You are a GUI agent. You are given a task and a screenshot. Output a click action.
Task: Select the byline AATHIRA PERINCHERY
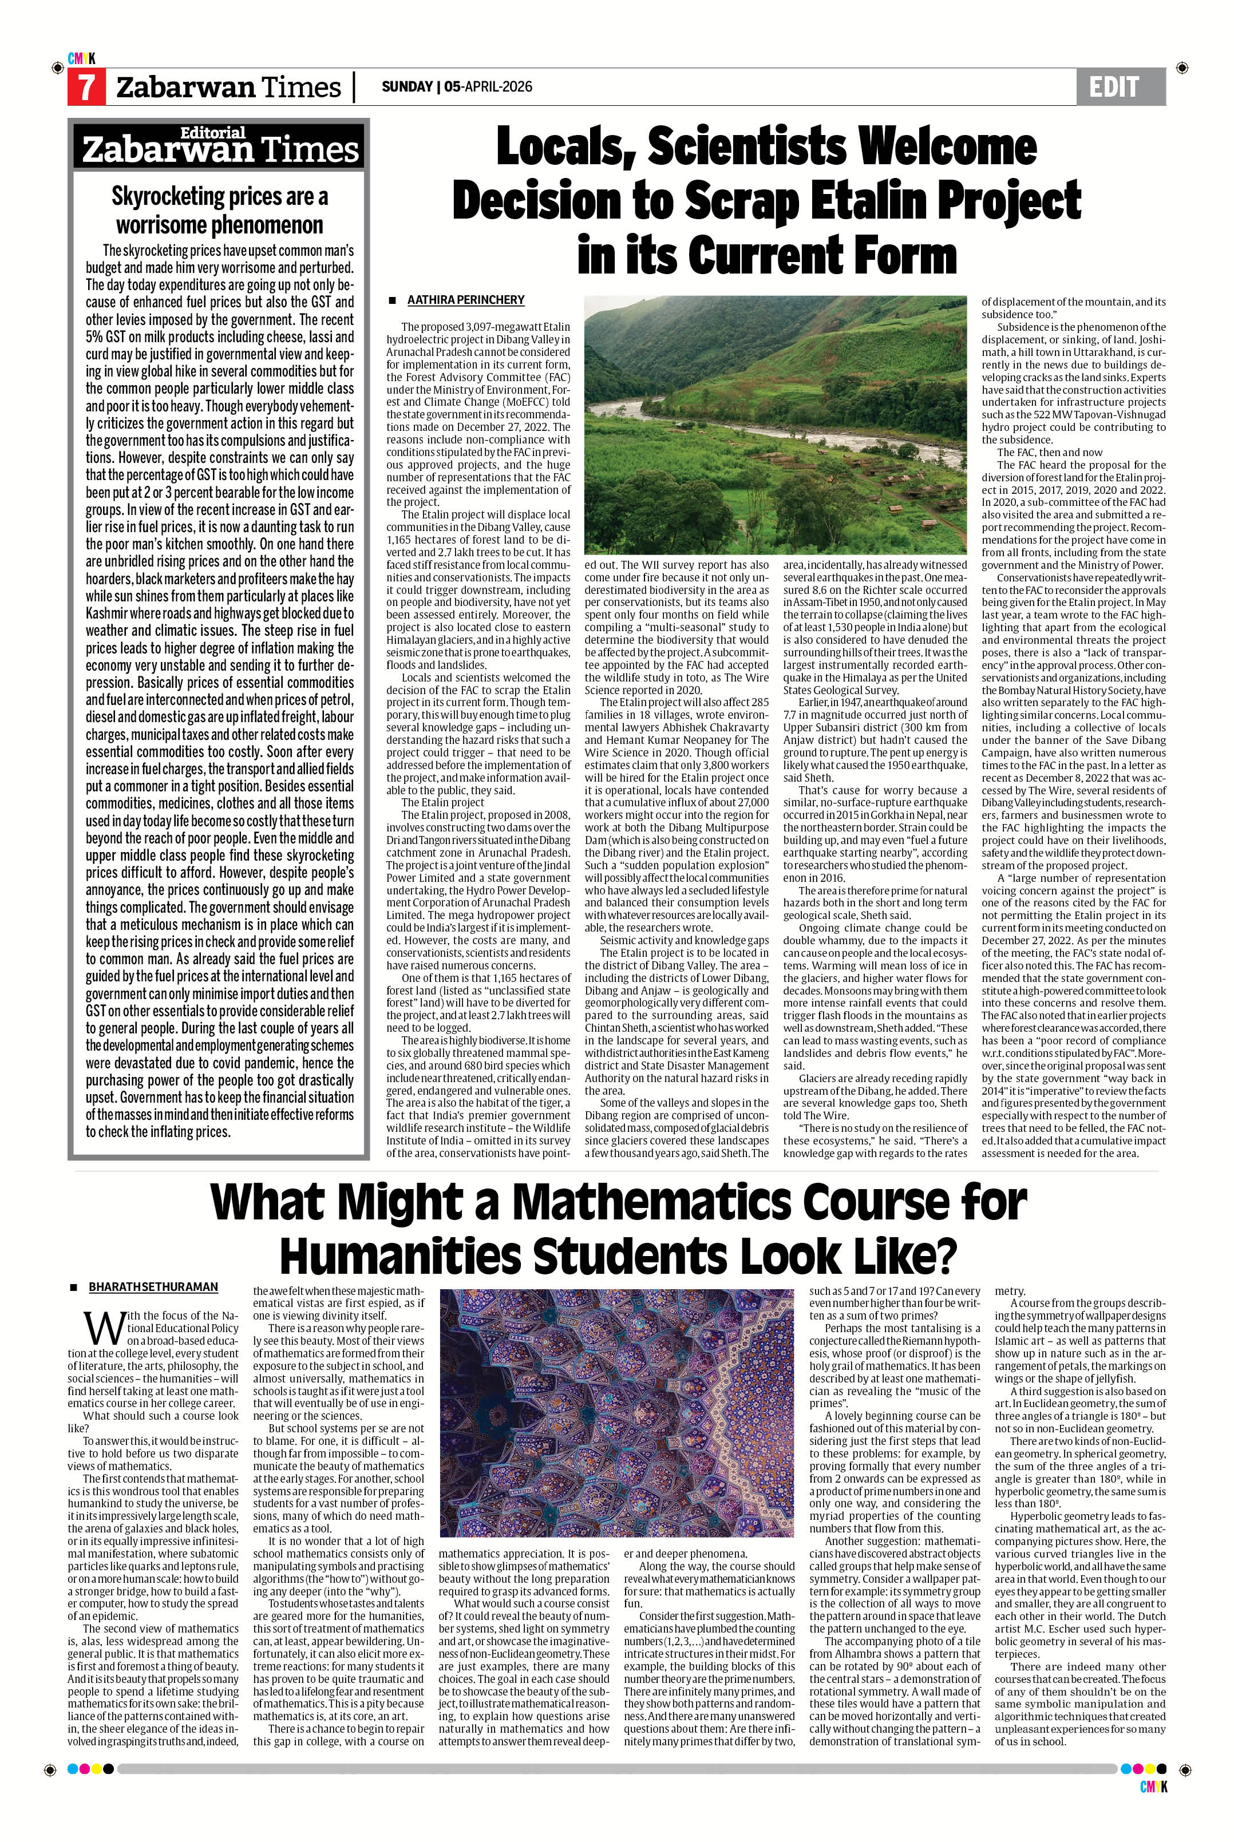pyautogui.click(x=465, y=300)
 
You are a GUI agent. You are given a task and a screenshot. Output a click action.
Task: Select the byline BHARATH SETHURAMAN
pyautogui.click(x=153, y=1288)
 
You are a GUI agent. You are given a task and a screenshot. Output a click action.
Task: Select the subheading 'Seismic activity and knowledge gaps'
pyautogui.click(x=684, y=940)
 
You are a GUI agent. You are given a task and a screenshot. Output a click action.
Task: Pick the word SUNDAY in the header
pyautogui.click(x=407, y=86)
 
